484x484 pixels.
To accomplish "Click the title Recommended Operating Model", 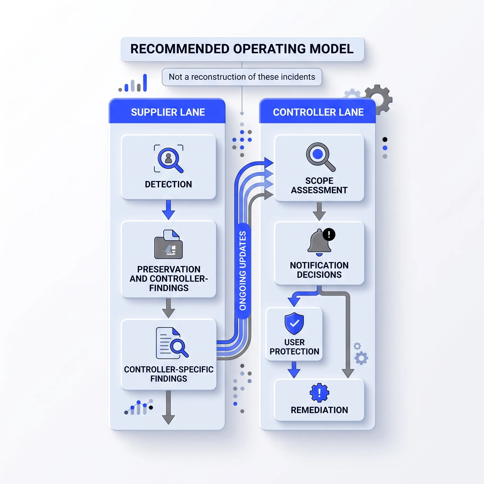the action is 242,49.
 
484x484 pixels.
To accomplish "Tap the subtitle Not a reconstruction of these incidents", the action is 242,77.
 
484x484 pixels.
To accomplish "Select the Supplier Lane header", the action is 168,112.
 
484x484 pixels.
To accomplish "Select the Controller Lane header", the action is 318,112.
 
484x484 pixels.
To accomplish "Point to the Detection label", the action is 168,184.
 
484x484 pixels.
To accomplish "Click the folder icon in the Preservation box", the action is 169,244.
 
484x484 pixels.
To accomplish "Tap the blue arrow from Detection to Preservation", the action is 169,210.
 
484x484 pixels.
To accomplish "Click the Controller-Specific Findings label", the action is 169,374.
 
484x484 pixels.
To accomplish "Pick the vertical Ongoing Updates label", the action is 243,271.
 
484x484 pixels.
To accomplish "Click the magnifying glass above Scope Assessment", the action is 320,157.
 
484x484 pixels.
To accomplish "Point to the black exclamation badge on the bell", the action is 329,234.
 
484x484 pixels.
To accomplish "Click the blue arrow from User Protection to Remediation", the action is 294,370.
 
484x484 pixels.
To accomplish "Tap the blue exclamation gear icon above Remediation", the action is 320,393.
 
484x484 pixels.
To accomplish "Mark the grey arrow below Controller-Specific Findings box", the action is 169,408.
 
